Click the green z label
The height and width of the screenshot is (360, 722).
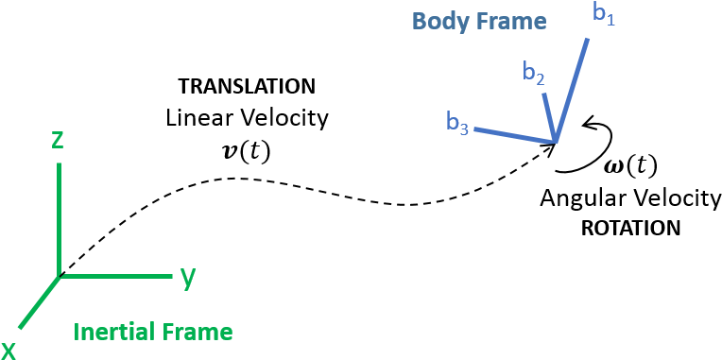pos(58,140)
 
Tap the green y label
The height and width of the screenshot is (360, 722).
pos(188,276)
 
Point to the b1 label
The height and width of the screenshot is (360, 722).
pos(604,14)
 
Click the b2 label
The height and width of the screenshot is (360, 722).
pos(534,74)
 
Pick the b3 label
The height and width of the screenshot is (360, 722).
pos(457,122)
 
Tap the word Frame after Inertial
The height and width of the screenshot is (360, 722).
pos(198,332)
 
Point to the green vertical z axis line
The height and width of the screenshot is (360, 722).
pos(60,217)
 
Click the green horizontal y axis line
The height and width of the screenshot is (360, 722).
pos(113,276)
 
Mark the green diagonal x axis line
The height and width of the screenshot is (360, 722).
pos(40,301)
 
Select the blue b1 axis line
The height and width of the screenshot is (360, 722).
pos(573,89)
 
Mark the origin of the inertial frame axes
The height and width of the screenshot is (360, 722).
pos(60,276)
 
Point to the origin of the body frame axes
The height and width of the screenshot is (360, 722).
pos(556,142)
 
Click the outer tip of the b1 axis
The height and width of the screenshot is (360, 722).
pos(589,39)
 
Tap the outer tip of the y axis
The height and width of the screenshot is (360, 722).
pos(169,276)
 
